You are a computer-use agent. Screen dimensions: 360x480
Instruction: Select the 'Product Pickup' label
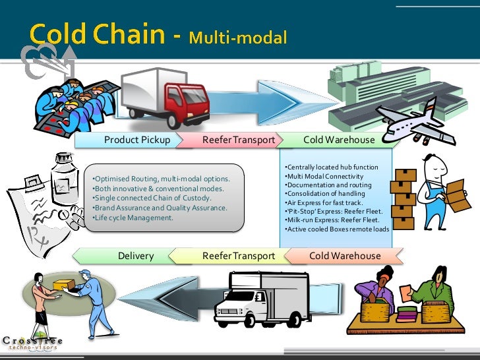[x=137, y=140]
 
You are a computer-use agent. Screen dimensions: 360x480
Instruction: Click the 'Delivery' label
[x=136, y=256]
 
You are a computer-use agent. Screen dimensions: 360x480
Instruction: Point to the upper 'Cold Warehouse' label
[x=339, y=140]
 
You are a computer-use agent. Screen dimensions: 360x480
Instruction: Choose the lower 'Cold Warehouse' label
[x=345, y=256]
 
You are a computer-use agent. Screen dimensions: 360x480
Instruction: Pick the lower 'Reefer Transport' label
[x=239, y=256]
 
